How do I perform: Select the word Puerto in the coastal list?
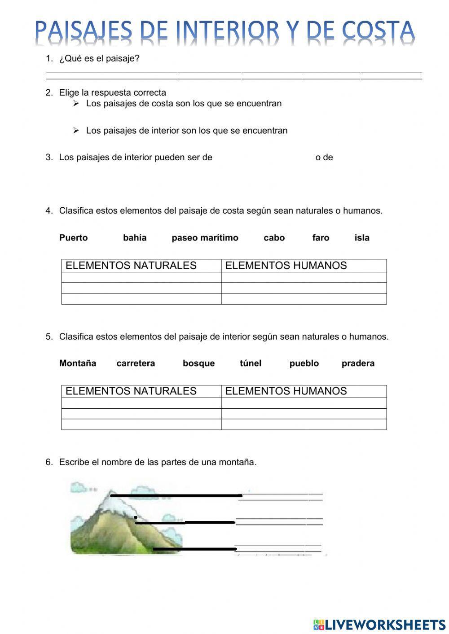(x=73, y=238)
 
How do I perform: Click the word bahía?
(x=135, y=238)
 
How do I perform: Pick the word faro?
(x=321, y=238)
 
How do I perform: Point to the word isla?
(x=362, y=238)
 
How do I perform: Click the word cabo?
(x=274, y=238)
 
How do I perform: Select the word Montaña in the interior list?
(x=77, y=363)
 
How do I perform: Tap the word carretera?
(x=136, y=363)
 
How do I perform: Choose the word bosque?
(x=198, y=363)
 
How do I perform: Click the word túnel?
(x=251, y=363)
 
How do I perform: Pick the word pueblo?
(x=304, y=363)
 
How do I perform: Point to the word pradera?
(x=358, y=363)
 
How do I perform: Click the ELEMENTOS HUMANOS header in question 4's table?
(x=286, y=266)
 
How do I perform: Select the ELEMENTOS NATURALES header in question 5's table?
(x=131, y=391)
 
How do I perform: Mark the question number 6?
(x=49, y=462)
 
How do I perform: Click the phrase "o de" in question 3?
(x=324, y=157)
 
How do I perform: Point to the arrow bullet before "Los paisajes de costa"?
(x=76, y=104)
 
